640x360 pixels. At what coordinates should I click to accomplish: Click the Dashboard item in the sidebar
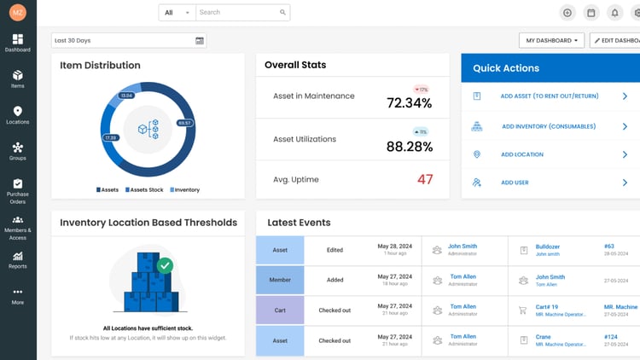coord(18,44)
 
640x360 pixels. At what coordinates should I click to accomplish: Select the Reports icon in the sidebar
coord(18,259)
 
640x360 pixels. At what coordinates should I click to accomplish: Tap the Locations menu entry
coord(18,115)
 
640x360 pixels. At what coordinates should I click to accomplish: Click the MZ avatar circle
coord(18,12)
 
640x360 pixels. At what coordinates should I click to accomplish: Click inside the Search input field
coord(237,13)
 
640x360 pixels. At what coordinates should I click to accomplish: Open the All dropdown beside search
coord(177,13)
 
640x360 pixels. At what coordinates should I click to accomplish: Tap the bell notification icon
coord(614,13)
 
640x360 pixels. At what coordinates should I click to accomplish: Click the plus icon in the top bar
coord(567,13)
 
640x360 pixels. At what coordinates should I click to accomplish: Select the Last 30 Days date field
coord(128,40)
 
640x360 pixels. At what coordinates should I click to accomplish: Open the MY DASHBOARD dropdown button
coord(551,40)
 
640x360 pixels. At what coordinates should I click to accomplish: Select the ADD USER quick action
coord(515,183)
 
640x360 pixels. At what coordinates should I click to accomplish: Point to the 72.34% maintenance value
coord(409,103)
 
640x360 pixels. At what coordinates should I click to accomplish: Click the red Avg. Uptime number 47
coord(424,179)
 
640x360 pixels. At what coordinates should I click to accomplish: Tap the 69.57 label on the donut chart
coord(184,123)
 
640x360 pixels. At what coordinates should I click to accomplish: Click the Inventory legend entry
coord(184,189)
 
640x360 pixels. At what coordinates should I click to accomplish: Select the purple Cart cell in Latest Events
coord(280,310)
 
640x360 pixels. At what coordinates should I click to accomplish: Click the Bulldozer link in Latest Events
coord(547,247)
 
